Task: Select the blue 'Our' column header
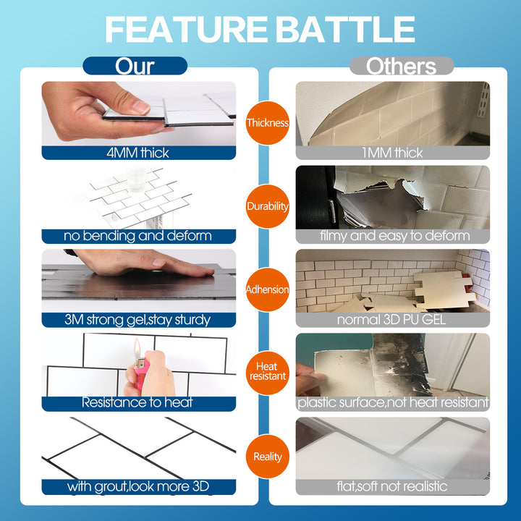pos(135,66)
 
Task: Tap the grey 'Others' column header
pos(401,66)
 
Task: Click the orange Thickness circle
pos(267,122)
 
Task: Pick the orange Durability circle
pos(267,206)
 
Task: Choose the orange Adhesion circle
pos(267,289)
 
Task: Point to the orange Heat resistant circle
pos(267,372)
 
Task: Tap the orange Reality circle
pos(267,457)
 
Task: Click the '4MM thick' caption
pos(138,153)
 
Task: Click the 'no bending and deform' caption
pos(138,236)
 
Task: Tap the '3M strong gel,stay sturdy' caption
pos(138,319)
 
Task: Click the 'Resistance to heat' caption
pos(138,403)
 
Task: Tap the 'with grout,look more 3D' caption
pos(138,486)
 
